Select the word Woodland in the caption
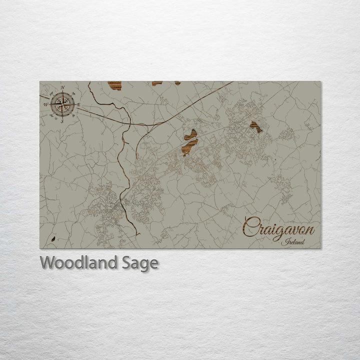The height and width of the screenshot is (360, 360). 77,262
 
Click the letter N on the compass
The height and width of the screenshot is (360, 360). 62,88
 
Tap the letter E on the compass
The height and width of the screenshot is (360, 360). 78,104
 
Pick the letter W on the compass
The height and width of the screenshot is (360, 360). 46,104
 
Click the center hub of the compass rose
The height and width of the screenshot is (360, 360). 62,104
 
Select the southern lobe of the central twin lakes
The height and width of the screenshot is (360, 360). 188,147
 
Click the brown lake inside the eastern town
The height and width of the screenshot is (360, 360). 256,127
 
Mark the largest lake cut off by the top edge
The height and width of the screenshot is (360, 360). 114,85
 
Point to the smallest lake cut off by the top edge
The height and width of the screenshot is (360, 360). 177,83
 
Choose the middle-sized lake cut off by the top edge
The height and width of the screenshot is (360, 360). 157,83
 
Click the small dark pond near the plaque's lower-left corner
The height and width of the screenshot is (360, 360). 52,239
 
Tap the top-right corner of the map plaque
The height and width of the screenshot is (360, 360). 321,82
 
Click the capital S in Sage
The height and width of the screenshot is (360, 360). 124,262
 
